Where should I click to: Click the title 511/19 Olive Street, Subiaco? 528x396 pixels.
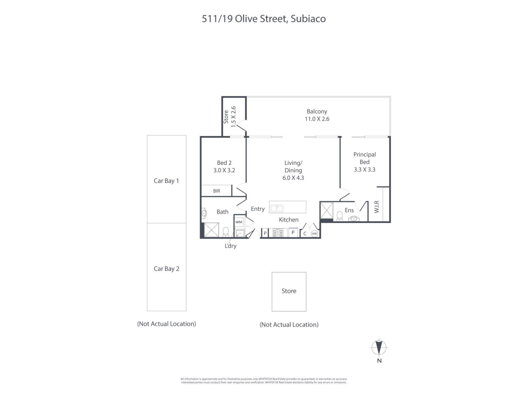(x=264, y=19)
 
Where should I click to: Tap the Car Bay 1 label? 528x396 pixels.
(x=166, y=181)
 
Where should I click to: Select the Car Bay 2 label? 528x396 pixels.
(x=166, y=269)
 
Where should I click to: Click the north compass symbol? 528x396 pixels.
(x=379, y=348)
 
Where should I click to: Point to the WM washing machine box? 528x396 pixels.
(x=239, y=222)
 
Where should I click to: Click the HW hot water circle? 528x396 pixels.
(x=314, y=233)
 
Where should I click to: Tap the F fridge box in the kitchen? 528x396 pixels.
(x=293, y=232)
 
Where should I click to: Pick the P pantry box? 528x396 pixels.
(x=265, y=233)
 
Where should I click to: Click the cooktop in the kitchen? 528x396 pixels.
(x=278, y=233)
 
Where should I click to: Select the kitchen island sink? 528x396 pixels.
(x=276, y=208)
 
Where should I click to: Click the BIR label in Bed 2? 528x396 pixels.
(x=216, y=191)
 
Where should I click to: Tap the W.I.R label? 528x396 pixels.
(x=377, y=207)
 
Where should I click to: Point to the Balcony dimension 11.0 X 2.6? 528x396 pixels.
(x=317, y=119)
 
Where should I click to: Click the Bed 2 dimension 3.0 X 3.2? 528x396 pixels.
(x=224, y=170)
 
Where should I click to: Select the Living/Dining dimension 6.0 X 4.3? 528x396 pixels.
(x=293, y=178)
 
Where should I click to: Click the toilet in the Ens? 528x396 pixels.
(x=340, y=216)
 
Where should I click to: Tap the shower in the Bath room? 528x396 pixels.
(x=211, y=230)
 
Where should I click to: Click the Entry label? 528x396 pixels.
(x=258, y=209)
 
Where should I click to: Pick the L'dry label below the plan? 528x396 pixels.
(x=230, y=246)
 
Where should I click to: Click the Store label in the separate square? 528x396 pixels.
(x=289, y=291)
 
